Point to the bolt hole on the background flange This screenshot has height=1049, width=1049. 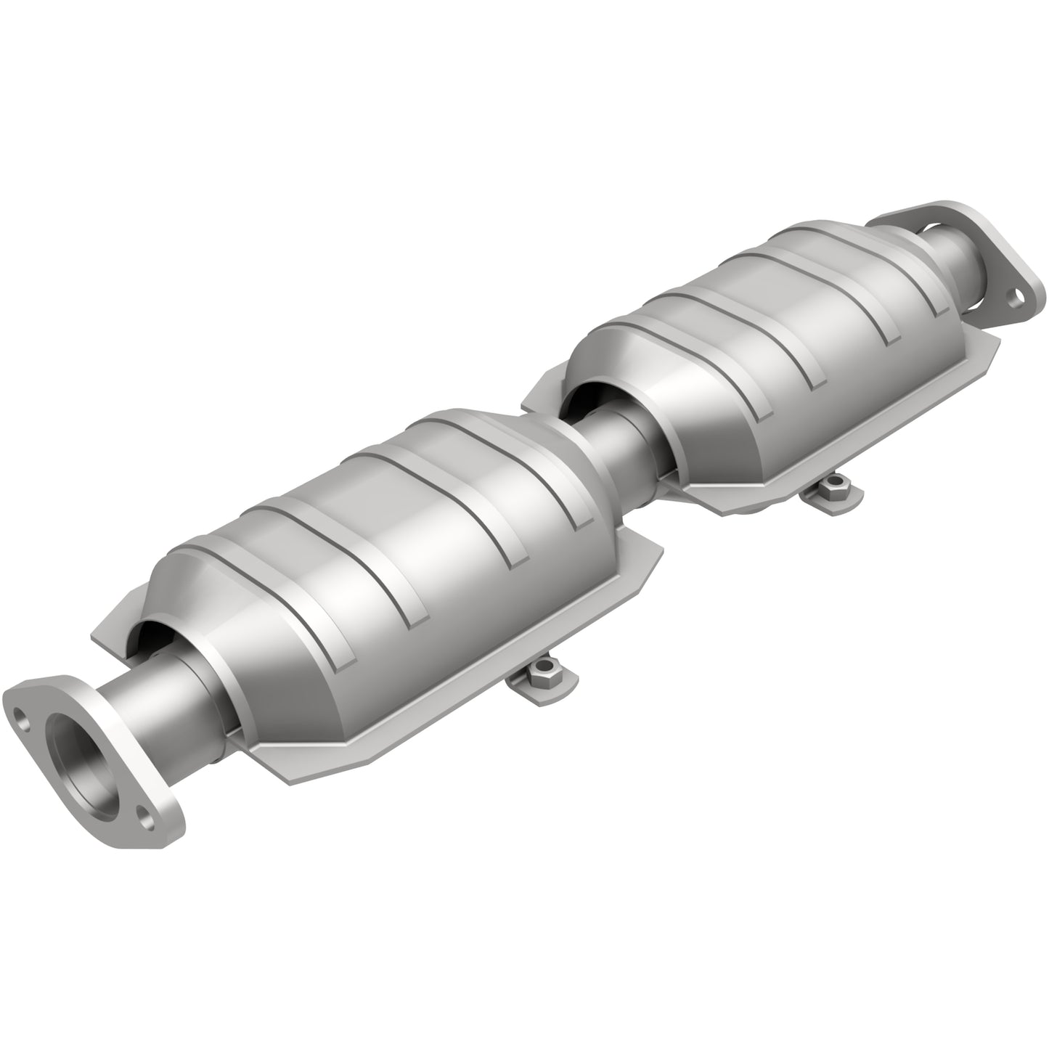[1017, 296]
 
